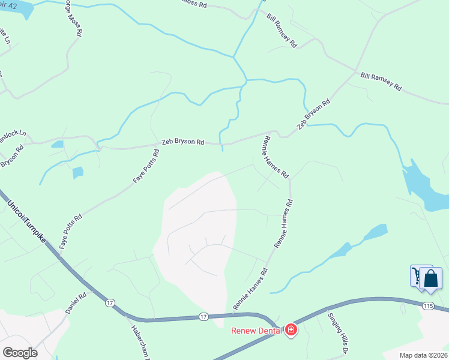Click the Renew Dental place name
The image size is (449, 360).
click(258, 330)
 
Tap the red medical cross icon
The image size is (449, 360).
click(291, 330)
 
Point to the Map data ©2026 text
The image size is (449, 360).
click(423, 355)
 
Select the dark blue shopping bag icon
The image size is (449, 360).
click(430, 278)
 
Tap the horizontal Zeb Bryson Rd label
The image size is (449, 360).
click(183, 143)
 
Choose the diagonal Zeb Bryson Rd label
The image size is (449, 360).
click(314, 115)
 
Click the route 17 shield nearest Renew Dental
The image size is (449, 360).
click(203, 316)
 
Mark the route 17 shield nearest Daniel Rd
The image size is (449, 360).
click(109, 303)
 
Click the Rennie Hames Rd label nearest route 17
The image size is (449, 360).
click(249, 289)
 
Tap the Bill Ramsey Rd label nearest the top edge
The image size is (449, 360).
click(282, 30)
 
